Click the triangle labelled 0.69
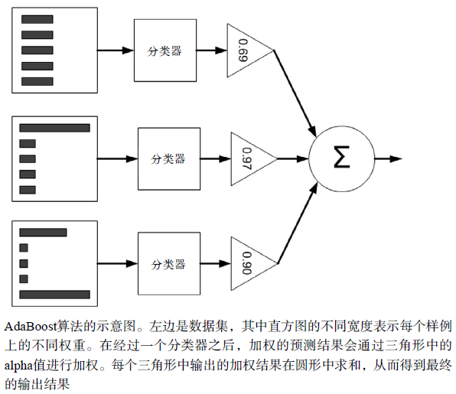pos(246,50)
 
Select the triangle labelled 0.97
pos(249,159)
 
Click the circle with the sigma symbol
pos(340,159)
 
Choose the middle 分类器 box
pos(168,159)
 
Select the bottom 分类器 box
pos(168,265)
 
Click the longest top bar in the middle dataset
pos(54,128)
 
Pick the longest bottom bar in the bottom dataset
pos(54,294)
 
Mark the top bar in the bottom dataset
pos(43,233)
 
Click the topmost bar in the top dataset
pos(37,19)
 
